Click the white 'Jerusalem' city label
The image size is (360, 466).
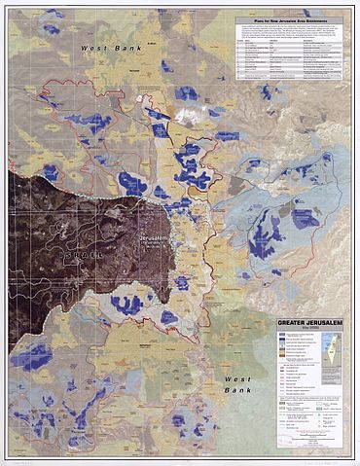(x=153, y=236)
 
